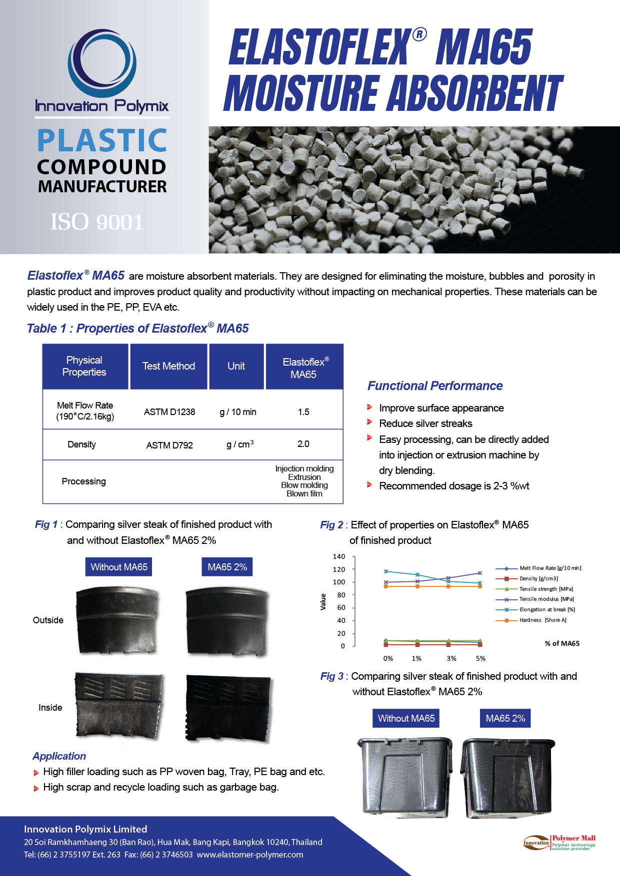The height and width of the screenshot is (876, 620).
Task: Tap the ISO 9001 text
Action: click(x=96, y=222)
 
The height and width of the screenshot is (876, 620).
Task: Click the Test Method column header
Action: click(x=168, y=366)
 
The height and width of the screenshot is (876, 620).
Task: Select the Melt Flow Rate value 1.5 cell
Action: click(x=303, y=412)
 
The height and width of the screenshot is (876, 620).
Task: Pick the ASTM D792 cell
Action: click(x=169, y=445)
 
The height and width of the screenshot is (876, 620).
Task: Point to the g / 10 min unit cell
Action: click(x=238, y=412)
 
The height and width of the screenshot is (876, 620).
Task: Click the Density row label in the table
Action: click(x=81, y=444)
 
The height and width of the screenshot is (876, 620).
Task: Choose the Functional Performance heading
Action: click(x=435, y=386)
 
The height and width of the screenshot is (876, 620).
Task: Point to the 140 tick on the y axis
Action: click(x=339, y=556)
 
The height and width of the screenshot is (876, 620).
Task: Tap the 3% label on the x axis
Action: click(x=451, y=658)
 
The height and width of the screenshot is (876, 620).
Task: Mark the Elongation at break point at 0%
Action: click(x=386, y=571)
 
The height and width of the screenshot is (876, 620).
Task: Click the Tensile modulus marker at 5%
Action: click(x=480, y=573)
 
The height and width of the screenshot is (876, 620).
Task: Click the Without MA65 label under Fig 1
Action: click(x=119, y=567)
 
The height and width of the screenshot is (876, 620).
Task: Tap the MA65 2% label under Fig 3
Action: click(x=505, y=718)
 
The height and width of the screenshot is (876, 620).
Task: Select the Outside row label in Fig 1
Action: click(x=48, y=620)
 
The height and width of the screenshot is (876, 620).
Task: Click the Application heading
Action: click(x=59, y=756)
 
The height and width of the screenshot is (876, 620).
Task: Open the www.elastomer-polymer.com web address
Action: click(x=250, y=855)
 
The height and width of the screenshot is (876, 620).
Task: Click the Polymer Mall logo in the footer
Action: click(x=559, y=842)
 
